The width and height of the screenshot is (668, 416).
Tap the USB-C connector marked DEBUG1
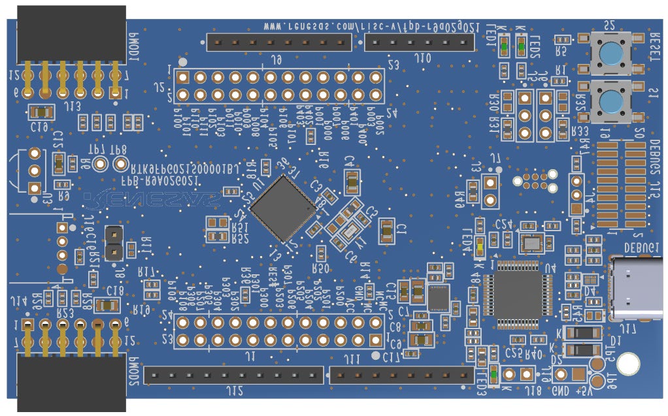pos(637,287)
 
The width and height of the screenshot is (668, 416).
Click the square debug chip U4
pos(518,289)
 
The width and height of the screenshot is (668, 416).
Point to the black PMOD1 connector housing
pos(71,33)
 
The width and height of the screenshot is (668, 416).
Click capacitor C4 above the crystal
pos(352,182)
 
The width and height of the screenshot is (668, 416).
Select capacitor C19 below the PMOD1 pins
pos(41,112)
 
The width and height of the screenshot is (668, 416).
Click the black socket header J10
pos(418,43)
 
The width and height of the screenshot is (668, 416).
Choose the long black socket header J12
pos(233,375)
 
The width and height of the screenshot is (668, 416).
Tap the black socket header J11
pos(401,375)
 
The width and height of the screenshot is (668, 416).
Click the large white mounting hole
pos(629,364)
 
